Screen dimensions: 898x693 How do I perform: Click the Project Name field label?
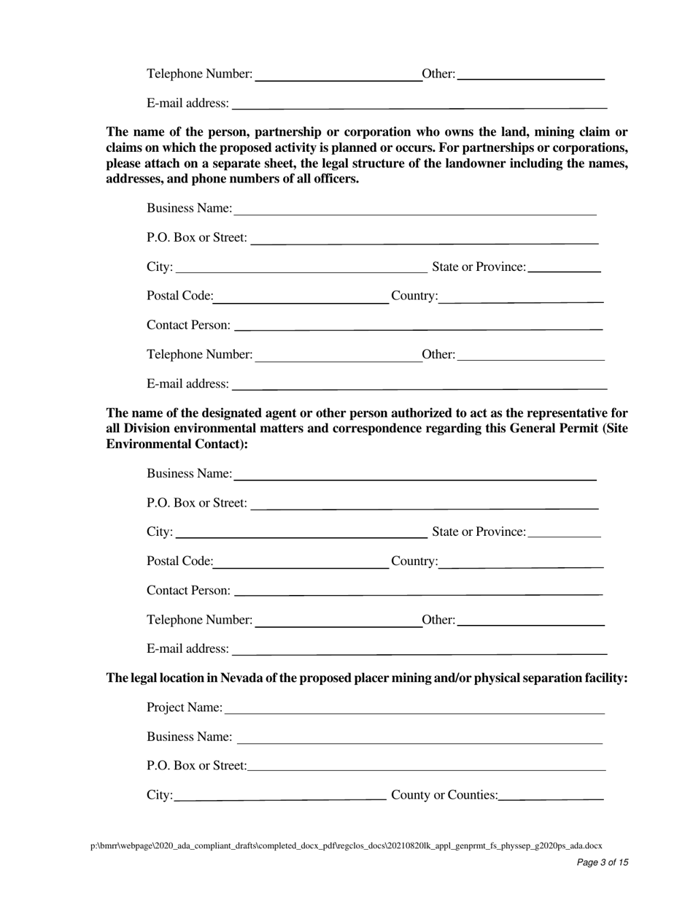pos(185,707)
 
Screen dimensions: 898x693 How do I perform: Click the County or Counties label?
pos(444,795)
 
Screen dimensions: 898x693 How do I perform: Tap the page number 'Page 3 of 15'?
pos(602,862)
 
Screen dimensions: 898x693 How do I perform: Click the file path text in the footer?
pos(346,845)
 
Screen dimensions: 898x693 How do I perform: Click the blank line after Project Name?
pos(414,709)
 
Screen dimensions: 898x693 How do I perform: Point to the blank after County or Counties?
pos(551,797)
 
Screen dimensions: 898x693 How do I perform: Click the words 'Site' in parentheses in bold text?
pos(615,429)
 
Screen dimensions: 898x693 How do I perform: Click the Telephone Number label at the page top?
pos(199,74)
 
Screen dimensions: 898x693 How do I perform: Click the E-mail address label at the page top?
pos(187,103)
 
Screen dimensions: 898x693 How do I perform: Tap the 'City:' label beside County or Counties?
pos(160,795)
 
